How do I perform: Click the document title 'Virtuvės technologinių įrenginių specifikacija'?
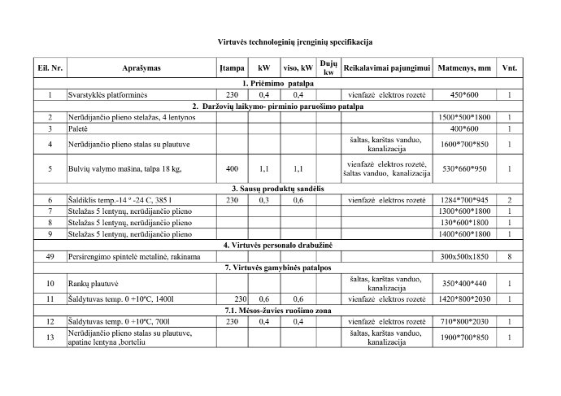click(280, 40)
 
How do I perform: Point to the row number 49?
click(50, 255)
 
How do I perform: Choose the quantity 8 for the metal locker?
click(510, 255)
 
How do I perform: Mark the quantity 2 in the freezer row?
click(510, 199)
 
